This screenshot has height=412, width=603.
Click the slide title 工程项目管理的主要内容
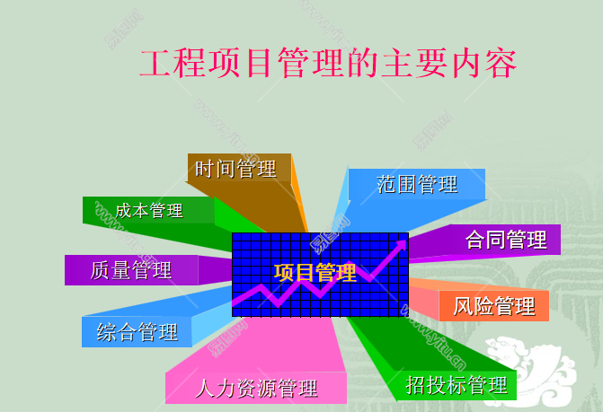coord(328,64)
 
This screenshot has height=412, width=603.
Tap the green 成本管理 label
coord(149,210)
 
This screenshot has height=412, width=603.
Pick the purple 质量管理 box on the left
coord(131,269)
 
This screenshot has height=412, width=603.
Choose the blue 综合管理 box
coord(137,332)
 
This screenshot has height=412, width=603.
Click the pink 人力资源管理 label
coord(257,389)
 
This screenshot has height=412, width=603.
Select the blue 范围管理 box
coord(417,184)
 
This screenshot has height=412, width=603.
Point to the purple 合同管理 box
coord(506,240)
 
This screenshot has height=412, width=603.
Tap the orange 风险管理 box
coord(494,305)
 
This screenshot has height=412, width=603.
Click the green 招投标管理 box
coord(457,385)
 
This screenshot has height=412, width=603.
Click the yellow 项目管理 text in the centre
coord(315,273)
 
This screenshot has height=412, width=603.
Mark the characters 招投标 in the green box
coord(437,385)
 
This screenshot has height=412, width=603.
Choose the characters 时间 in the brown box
coord(216,168)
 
